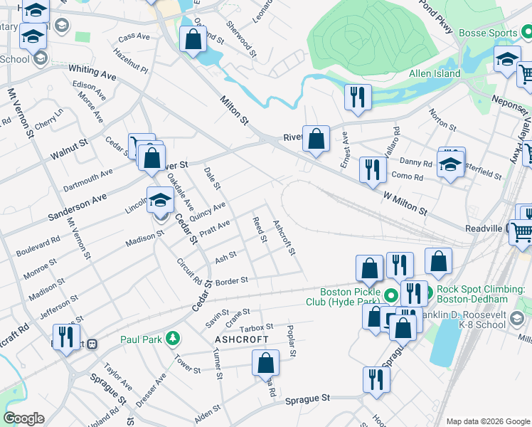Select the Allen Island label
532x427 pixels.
tap(434, 73)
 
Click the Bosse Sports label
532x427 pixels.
tap(497, 33)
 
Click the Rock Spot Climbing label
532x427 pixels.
tap(479, 294)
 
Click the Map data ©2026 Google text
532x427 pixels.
tap(486, 421)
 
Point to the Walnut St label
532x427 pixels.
tap(68, 148)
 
